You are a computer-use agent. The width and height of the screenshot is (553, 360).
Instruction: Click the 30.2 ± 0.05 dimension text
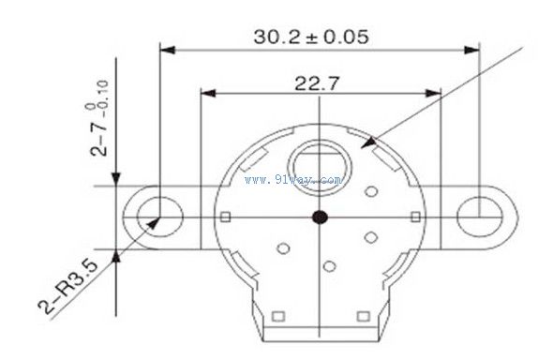point(311,37)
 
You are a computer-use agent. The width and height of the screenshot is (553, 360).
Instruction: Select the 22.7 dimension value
point(317,83)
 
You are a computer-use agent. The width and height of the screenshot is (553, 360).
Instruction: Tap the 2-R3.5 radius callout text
point(67,286)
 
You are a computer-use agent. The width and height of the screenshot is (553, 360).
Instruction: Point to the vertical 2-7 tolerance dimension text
point(98,118)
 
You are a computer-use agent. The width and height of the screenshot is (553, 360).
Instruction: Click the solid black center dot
point(320,217)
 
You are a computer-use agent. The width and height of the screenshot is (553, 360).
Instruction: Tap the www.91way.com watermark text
point(293,180)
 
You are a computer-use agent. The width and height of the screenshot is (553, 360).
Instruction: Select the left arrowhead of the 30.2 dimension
point(168,50)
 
